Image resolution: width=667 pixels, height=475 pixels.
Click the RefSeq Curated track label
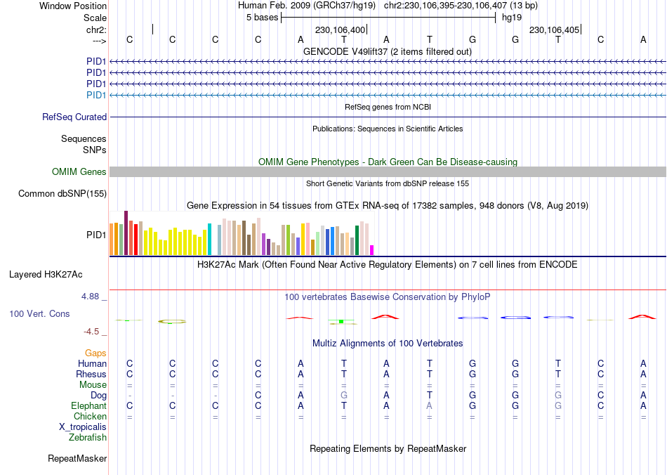(74, 117)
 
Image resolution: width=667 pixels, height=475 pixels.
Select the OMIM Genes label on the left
(79, 172)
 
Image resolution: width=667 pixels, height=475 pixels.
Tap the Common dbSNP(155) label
(62, 194)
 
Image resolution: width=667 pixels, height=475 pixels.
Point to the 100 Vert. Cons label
(39, 313)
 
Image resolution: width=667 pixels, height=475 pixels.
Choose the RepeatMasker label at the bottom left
(77, 459)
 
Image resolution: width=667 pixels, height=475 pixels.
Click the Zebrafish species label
(88, 438)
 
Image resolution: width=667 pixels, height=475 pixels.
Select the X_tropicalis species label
(83, 427)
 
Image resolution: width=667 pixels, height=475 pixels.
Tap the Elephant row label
(88, 406)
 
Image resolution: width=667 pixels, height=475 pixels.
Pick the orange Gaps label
(95, 353)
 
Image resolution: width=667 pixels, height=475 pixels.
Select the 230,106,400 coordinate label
(341, 30)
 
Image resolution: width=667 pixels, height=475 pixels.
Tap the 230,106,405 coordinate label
(554, 30)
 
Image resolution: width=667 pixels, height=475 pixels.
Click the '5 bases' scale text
(262, 18)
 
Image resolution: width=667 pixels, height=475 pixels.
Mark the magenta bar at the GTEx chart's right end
(372, 249)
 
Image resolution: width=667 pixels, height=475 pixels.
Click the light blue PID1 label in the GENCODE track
(96, 95)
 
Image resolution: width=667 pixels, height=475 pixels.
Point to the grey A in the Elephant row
(430, 406)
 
